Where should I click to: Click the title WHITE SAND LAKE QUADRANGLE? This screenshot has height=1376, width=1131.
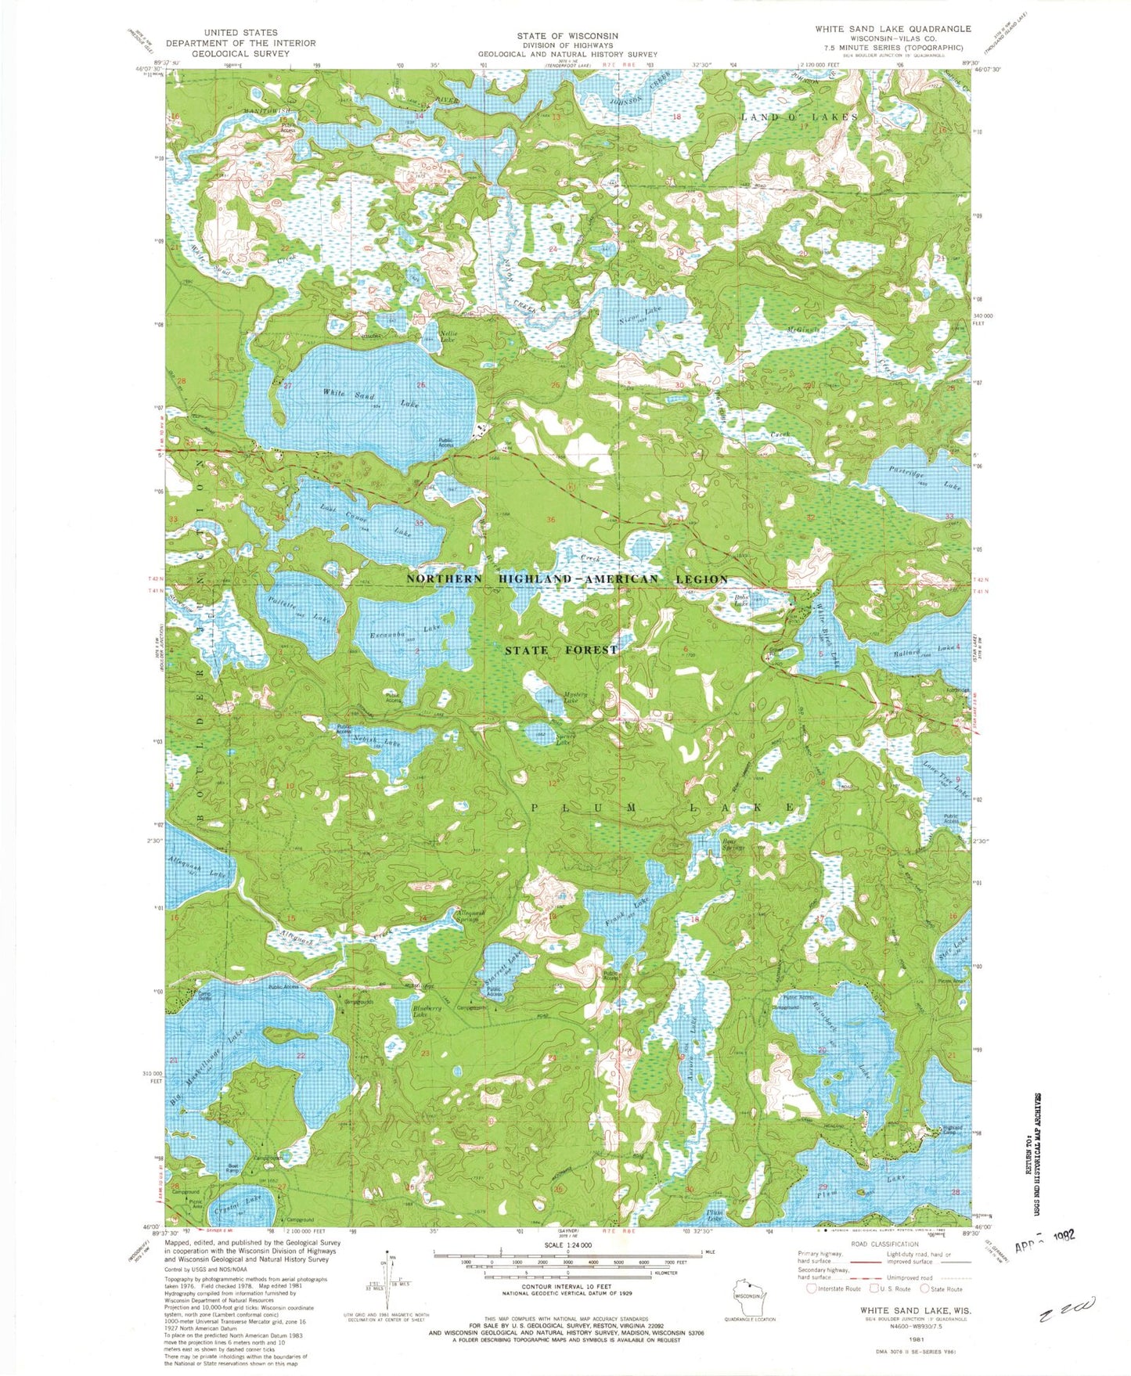point(892,29)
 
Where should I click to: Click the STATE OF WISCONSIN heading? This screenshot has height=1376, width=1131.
point(567,36)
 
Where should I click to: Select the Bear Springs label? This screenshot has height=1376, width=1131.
point(733,845)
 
